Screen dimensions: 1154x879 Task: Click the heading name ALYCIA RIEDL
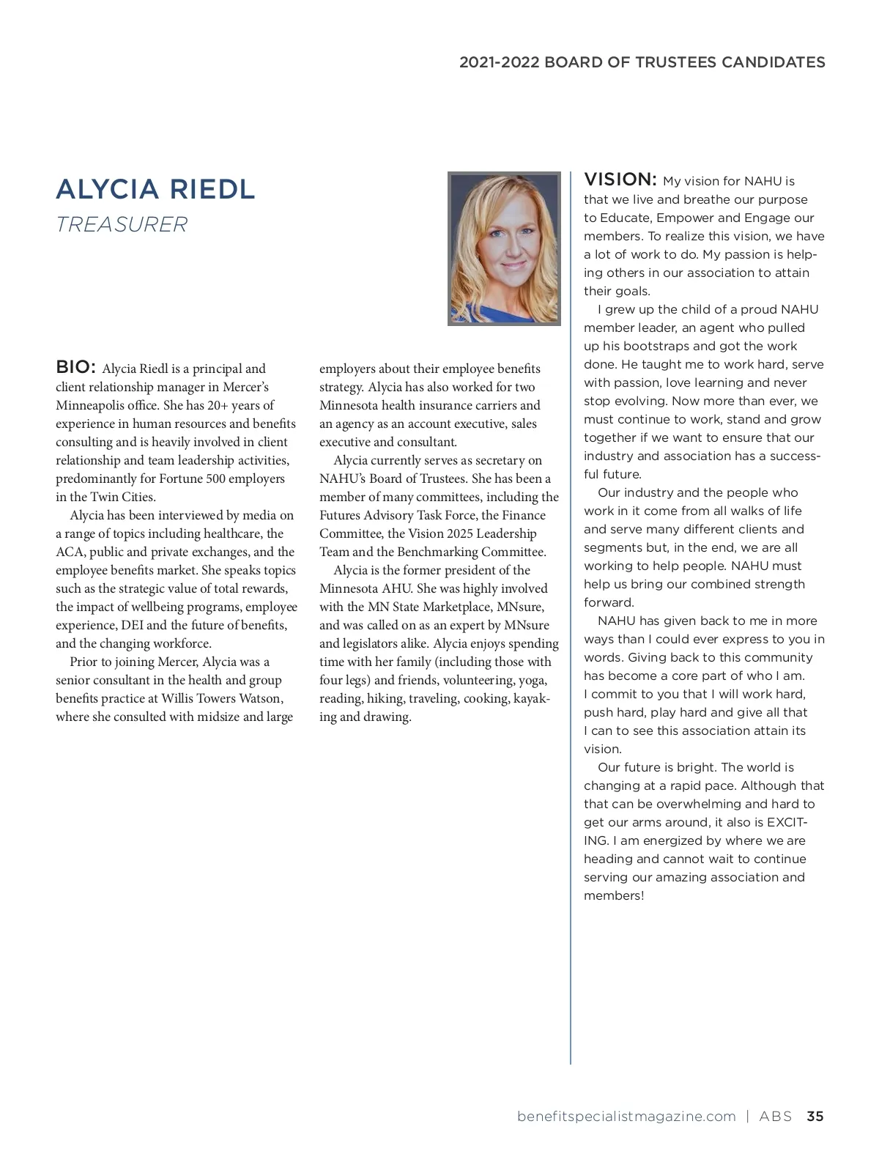[155, 189]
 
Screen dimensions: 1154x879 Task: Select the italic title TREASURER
[122, 224]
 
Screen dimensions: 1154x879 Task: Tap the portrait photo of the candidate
[504, 248]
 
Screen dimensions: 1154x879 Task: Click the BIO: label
[75, 366]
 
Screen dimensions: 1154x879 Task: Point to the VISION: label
[620, 180]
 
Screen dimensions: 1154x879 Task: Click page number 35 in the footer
[815, 1117]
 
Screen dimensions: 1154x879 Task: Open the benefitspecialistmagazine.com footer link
[626, 1117]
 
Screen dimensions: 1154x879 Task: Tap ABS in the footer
[776, 1117]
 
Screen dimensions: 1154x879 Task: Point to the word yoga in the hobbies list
[533, 680]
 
